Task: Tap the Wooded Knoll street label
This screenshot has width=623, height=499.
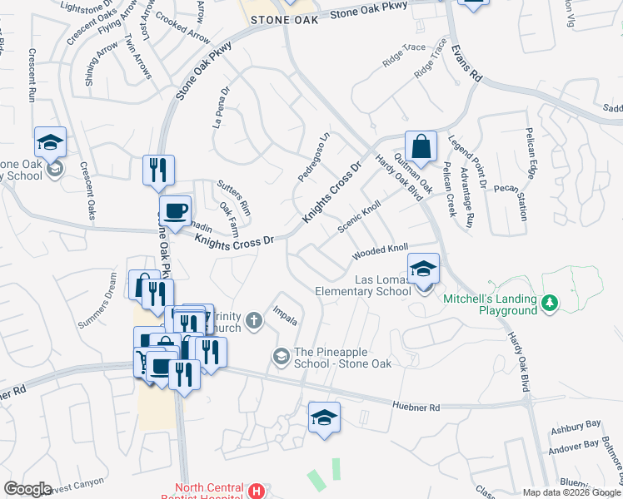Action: click(x=381, y=249)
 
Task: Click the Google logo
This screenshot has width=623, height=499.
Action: click(x=28, y=489)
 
